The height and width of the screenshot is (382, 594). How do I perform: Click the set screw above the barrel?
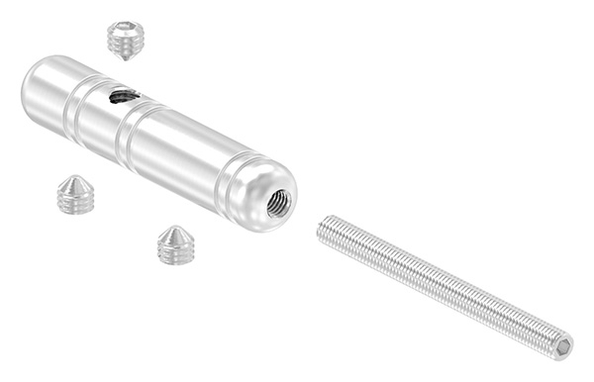tap(126, 40)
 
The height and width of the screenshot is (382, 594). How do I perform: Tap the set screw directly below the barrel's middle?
tap(175, 245)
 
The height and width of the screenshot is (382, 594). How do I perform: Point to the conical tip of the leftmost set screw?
tap(74, 182)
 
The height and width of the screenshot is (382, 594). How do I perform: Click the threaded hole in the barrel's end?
tap(279, 204)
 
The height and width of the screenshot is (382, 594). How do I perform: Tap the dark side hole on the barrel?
tap(124, 96)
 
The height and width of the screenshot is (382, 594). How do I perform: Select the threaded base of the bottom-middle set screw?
tap(174, 254)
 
